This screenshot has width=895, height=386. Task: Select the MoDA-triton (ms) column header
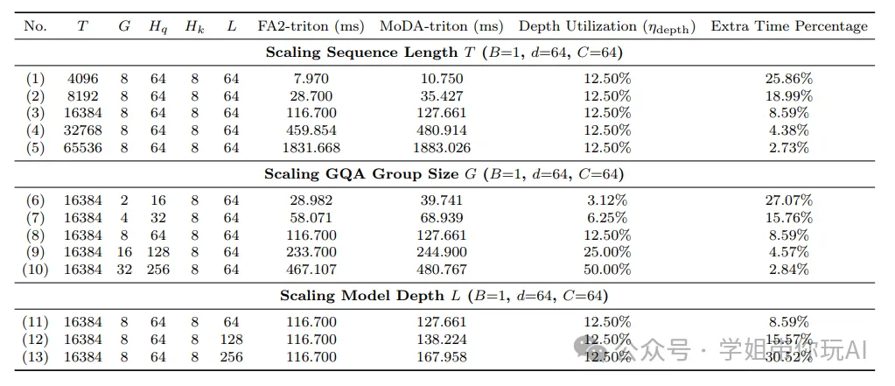(441, 26)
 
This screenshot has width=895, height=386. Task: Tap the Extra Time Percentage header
(789, 26)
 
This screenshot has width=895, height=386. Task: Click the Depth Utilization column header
(607, 26)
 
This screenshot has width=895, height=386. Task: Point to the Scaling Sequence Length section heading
(444, 53)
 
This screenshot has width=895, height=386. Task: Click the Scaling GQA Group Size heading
(444, 174)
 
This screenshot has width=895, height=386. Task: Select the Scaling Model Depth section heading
(444, 296)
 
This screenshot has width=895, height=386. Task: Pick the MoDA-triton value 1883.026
(441, 148)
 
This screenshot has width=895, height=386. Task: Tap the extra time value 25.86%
(789, 79)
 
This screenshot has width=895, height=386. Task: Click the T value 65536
(82, 148)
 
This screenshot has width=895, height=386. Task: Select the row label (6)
(35, 200)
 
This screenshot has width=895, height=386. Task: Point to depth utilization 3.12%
(607, 200)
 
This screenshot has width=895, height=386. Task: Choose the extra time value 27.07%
(789, 200)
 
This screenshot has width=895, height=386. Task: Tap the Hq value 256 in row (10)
(158, 270)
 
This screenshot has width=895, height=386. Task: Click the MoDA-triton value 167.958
(441, 356)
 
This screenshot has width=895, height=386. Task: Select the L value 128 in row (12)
(231, 339)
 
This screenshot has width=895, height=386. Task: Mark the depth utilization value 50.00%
(607, 270)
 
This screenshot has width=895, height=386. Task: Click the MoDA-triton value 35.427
(441, 96)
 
